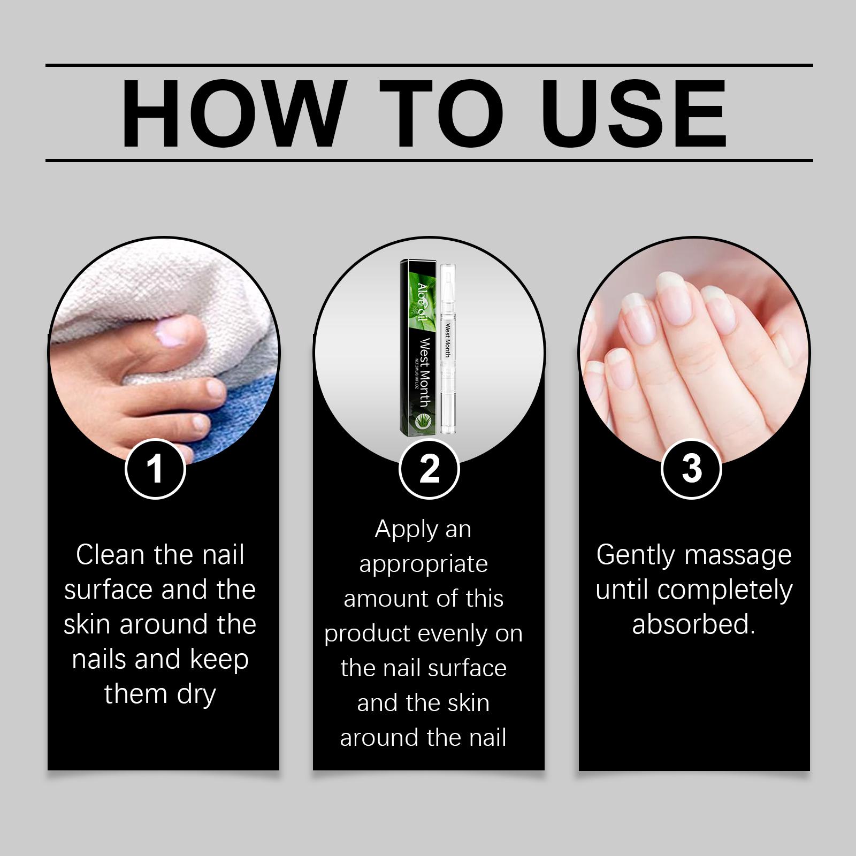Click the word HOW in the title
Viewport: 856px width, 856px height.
point(232,113)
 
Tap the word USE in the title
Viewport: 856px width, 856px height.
point(637,113)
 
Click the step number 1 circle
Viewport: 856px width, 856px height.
point(155,469)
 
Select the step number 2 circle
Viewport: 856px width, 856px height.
point(429,469)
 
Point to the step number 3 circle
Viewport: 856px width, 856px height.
point(692,469)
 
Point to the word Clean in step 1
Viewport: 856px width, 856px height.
point(111,554)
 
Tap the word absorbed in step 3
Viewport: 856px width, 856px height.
point(693,624)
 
